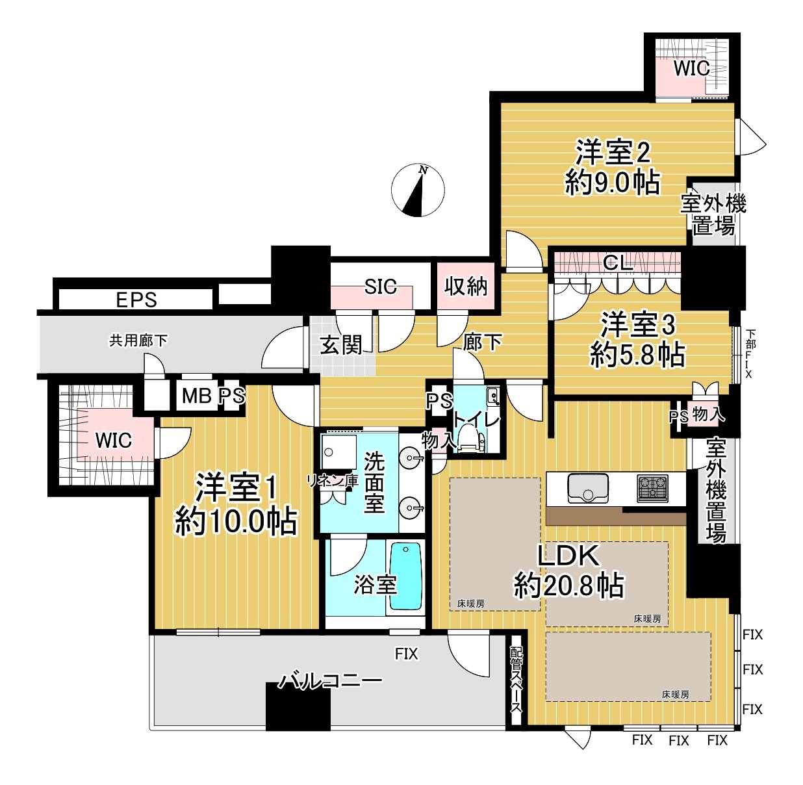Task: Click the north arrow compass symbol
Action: pos(418,192)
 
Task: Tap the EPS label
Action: pos(136,300)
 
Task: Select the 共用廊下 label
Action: pos(138,341)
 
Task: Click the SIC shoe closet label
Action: pos(380,287)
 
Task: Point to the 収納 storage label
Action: pos(466,285)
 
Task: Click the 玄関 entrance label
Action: pos(341,345)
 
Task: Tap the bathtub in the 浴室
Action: pos(405,576)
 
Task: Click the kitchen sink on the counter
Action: pos(588,488)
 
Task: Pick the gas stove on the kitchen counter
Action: pos(652,488)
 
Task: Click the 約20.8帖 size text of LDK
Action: pos(569,586)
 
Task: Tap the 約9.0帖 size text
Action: pos(613,183)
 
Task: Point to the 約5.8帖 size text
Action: pos(637,355)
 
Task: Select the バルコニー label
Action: pos(331,681)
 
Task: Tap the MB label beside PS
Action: pos(196,396)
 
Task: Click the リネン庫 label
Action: pos(333,481)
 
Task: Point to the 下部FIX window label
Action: pos(750,354)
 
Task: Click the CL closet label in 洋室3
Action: pos(617,263)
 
